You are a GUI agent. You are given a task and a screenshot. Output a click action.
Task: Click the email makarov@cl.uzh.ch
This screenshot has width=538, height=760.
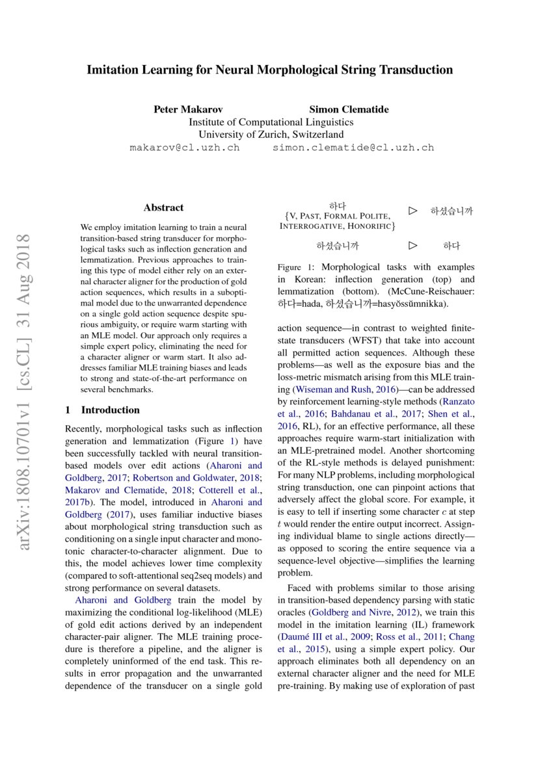click(x=185, y=148)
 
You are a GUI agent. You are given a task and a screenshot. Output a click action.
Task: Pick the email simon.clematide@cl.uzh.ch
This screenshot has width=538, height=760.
click(x=353, y=148)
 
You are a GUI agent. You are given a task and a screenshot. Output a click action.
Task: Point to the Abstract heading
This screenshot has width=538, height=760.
click(x=163, y=208)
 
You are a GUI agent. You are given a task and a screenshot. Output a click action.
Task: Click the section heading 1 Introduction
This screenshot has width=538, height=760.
click(x=103, y=410)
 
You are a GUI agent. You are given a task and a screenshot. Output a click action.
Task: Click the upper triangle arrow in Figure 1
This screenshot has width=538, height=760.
click(x=412, y=211)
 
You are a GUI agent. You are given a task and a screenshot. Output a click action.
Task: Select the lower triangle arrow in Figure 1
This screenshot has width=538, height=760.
click(x=412, y=246)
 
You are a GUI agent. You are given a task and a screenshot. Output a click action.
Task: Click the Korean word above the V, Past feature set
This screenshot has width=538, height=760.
click(x=338, y=206)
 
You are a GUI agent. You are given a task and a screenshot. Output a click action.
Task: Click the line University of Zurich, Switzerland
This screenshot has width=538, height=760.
click(x=271, y=135)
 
